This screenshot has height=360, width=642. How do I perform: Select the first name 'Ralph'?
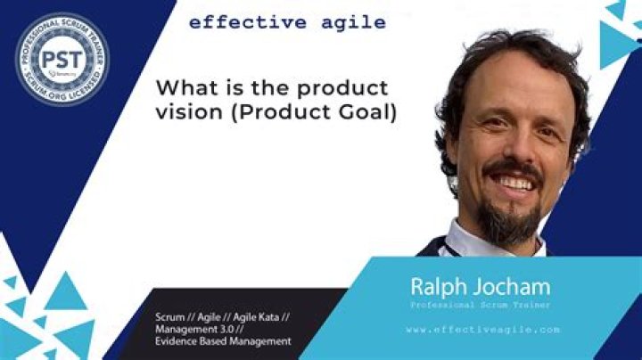click(x=438, y=286)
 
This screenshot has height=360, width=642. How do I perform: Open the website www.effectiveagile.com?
click(x=482, y=329)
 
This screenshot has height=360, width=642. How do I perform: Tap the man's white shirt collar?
click(x=464, y=241)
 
